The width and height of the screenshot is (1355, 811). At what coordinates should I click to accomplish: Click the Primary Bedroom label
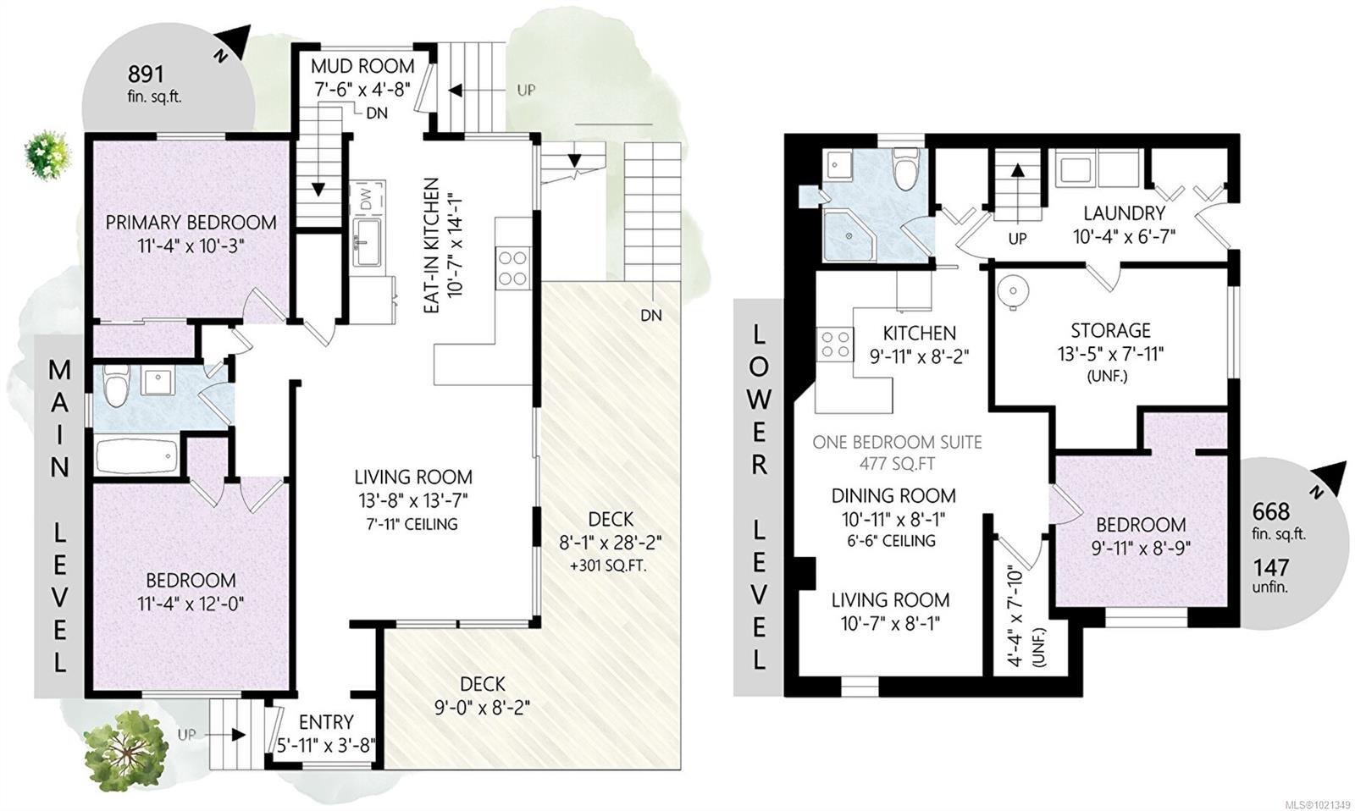(x=191, y=223)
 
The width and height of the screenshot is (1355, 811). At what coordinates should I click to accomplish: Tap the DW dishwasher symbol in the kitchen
(x=366, y=200)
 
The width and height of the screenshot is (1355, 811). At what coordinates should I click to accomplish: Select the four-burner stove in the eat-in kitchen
(x=512, y=268)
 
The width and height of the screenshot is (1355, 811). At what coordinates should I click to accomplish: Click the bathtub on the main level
(x=135, y=457)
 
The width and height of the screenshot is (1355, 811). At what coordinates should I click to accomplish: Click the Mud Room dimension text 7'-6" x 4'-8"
(x=362, y=87)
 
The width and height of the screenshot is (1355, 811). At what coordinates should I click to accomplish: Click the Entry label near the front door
(x=326, y=722)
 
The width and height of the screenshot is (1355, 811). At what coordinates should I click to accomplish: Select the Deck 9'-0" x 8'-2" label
(x=483, y=695)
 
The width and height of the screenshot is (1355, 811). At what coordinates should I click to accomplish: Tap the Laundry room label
(x=1124, y=213)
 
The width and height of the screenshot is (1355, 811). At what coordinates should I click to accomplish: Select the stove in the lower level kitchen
(x=834, y=345)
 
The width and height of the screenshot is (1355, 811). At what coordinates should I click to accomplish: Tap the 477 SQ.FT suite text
(x=898, y=464)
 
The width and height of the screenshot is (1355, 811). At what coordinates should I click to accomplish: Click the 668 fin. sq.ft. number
(x=1271, y=511)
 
